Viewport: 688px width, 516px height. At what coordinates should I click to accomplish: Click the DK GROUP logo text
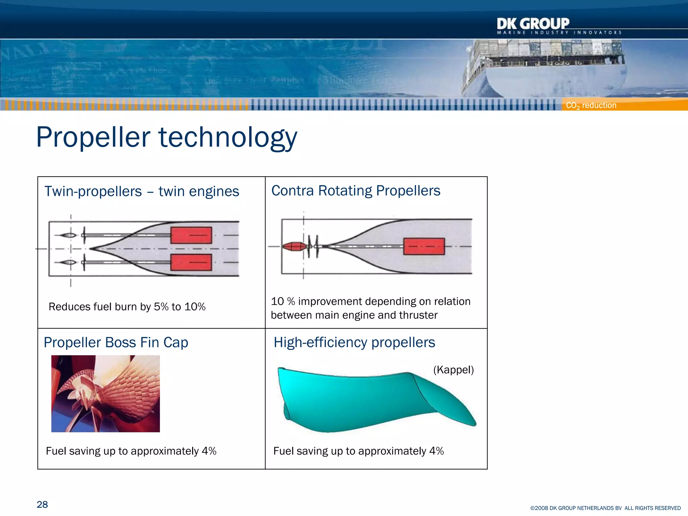point(533,24)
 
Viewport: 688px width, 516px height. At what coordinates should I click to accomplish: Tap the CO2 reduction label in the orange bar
point(591,105)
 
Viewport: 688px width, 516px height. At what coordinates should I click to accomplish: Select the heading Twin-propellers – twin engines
point(141,191)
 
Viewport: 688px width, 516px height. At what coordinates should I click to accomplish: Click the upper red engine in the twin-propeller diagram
point(191,235)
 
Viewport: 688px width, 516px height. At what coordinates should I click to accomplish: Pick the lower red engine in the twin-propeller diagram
point(191,262)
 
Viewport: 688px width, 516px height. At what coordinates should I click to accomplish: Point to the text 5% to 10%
point(179,307)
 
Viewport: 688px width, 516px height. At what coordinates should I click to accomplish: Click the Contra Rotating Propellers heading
point(355,191)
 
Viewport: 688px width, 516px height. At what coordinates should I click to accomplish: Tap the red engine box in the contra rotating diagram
point(424,247)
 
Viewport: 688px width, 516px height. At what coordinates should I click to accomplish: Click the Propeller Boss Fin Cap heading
point(116,343)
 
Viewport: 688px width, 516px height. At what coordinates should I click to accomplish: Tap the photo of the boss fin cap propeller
point(105,394)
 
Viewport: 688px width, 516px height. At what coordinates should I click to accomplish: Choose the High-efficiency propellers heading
point(354,343)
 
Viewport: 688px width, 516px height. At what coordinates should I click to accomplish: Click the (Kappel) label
point(453,370)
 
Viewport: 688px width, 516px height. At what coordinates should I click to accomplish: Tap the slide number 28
point(42,505)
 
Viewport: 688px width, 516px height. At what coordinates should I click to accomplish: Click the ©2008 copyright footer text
point(605,508)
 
